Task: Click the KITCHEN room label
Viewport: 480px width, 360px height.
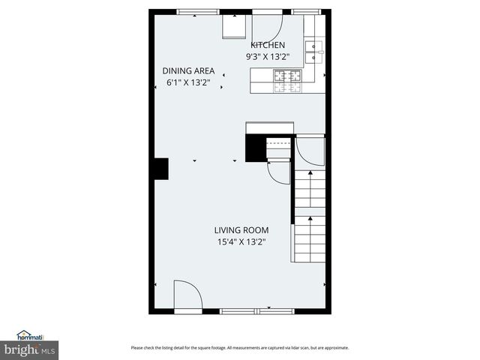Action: [268, 45]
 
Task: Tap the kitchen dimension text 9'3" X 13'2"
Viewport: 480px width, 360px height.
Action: [268, 56]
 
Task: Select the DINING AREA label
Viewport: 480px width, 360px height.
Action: [188, 71]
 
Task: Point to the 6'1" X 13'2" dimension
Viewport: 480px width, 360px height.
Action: [188, 82]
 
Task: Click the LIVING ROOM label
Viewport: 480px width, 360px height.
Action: [241, 230]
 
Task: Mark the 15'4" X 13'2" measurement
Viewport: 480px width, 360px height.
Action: [241, 241]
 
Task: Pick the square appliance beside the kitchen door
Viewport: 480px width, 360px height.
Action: [234, 28]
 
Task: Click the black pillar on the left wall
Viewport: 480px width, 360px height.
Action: [159, 169]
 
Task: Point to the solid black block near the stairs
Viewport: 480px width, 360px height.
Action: [256, 147]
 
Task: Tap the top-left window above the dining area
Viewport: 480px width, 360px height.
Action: [198, 11]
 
